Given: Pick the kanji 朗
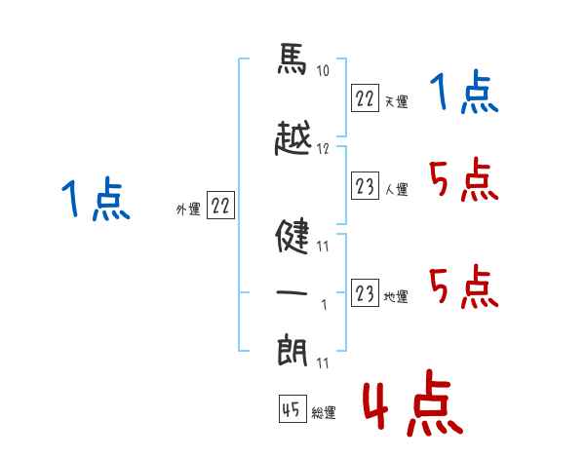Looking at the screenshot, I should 292,350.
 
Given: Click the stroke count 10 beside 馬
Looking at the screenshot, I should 324,71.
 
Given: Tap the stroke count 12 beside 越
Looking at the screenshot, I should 324,149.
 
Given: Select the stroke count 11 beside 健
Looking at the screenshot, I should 323,246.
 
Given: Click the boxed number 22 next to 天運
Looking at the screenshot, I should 365,99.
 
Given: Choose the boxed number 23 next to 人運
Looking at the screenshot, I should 365,187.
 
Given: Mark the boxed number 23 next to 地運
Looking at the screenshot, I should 365,294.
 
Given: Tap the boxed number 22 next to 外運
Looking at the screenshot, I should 220,207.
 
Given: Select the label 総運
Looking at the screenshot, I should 324,413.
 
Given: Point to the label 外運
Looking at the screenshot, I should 187,208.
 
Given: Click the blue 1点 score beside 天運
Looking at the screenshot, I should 463,94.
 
